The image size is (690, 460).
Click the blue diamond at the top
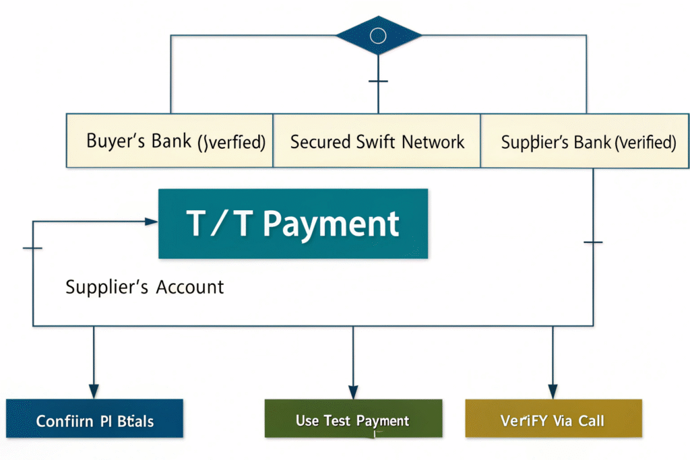tap(378, 35)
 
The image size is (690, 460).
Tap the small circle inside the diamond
tap(378, 35)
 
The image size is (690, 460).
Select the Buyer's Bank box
tap(169, 141)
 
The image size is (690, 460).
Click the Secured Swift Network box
tap(377, 141)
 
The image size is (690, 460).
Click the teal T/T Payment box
tap(293, 224)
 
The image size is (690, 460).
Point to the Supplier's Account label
tap(144, 287)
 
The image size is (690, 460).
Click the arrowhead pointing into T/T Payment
tap(152, 221)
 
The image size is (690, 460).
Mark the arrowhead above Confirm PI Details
tap(94, 390)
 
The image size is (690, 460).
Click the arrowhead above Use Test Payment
tap(352, 390)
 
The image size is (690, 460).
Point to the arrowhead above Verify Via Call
tap(553, 390)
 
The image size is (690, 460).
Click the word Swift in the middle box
tap(376, 142)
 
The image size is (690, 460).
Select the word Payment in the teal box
tap(330, 224)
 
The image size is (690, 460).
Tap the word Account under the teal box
tap(189, 287)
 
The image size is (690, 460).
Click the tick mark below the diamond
tap(378, 81)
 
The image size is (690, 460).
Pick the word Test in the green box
tap(337, 421)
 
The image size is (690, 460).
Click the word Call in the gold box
tap(590, 422)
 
